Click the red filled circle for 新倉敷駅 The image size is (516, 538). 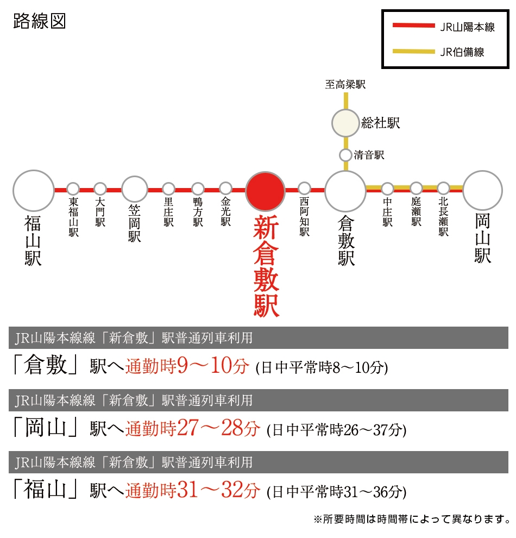[265, 191]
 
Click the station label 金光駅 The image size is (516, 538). [225, 212]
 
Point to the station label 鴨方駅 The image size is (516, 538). [198, 212]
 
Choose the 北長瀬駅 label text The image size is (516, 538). [443, 217]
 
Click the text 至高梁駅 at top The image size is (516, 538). [345, 84]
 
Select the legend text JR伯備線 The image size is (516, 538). [462, 52]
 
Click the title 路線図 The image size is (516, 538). [40, 21]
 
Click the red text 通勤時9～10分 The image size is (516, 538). [187, 366]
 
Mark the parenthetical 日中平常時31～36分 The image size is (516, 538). [337, 492]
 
